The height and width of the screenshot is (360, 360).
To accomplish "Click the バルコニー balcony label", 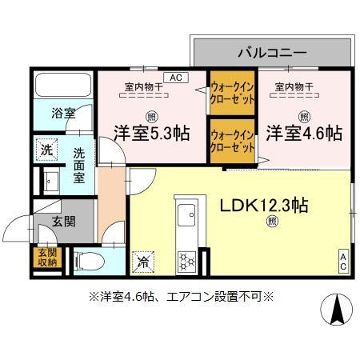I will pyautogui.click(x=271, y=53).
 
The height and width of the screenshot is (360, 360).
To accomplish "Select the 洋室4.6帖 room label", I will pyautogui.click(x=305, y=133).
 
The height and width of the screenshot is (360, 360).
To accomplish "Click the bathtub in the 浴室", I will pyautogui.click(x=62, y=86).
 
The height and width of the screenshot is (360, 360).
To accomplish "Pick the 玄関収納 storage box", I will pyautogui.click(x=46, y=256).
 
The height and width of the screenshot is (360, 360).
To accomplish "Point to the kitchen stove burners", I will pyautogui.click(x=186, y=259).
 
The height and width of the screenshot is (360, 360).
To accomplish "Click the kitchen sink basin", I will pyautogui.click(x=187, y=214).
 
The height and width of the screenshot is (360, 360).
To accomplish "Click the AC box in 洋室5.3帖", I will pyautogui.click(x=175, y=78).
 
